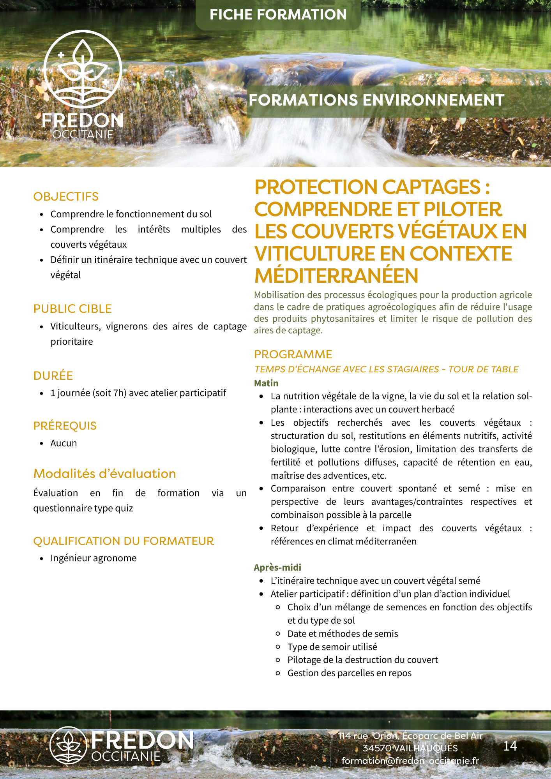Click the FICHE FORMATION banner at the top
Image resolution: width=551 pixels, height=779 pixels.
coord(278,15)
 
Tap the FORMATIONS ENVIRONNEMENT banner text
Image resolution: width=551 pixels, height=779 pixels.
coord(376,100)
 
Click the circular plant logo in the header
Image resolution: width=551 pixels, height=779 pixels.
coord(83,69)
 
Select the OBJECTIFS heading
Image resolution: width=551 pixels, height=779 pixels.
coord(66,197)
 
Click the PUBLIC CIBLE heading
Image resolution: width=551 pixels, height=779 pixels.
coord(72,309)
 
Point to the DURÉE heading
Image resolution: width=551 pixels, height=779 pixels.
coord(53,376)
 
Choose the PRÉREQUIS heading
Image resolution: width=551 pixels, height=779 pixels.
coord(65,426)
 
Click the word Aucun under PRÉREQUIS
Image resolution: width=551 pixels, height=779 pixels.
coord(64,443)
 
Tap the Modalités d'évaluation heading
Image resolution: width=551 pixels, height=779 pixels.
coord(104,474)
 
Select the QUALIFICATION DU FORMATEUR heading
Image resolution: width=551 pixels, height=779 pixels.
coord(124,541)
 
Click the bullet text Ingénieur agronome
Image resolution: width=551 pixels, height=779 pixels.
coord(94,558)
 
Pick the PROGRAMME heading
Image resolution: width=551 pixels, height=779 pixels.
coord(293,354)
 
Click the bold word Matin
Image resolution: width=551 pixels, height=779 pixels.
coord(266,383)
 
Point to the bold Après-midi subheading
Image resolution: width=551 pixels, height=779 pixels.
coord(277,568)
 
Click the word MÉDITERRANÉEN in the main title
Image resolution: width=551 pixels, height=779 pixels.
coord(336,276)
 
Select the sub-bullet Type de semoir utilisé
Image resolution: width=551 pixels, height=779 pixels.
coord(332,647)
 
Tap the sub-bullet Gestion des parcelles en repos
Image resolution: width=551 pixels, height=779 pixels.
coord(349,673)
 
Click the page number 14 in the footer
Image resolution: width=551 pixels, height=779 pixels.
coord(510,746)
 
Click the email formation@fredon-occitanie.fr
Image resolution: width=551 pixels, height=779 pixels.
coord(410,761)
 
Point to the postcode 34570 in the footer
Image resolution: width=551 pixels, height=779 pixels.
coord(377,748)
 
